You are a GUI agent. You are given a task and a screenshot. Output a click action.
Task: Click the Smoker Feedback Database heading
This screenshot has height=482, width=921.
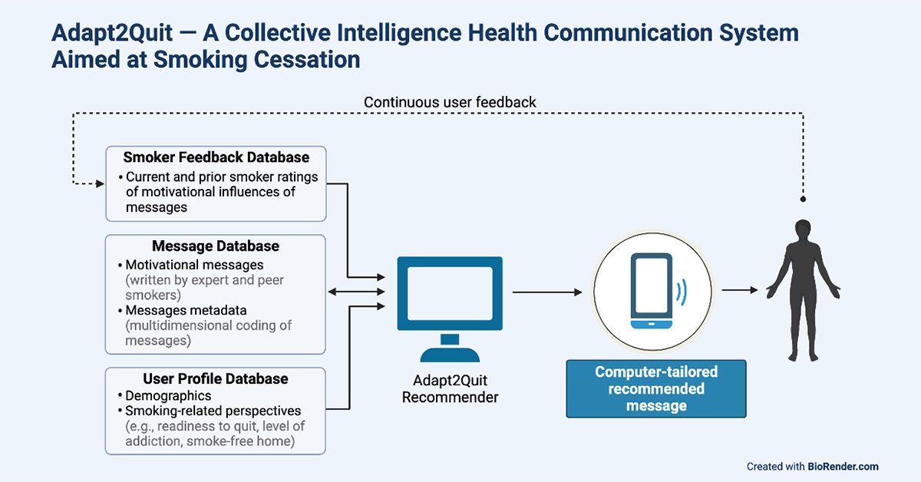[x=216, y=157]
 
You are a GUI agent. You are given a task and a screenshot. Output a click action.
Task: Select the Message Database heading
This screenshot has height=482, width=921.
[x=215, y=246]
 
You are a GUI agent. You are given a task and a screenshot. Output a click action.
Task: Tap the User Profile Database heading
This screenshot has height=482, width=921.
[x=216, y=378]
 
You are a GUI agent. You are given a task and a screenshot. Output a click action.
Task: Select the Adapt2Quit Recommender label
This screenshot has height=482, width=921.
[x=450, y=389]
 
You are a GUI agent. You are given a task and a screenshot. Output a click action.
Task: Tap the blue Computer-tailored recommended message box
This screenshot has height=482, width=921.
[x=656, y=389]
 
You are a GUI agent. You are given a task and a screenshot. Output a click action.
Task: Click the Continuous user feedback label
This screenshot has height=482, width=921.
[x=450, y=102]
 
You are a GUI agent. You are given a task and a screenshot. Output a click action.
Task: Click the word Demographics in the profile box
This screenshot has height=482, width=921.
[x=168, y=395]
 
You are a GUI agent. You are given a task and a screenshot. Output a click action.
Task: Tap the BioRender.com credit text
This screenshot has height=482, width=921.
[x=843, y=466]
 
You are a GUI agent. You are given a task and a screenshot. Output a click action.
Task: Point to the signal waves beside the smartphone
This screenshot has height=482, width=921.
[x=682, y=292]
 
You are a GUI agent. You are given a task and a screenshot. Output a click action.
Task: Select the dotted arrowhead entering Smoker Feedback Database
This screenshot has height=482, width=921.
[x=100, y=183]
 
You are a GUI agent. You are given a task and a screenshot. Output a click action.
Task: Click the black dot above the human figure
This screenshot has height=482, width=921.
[x=803, y=199]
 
